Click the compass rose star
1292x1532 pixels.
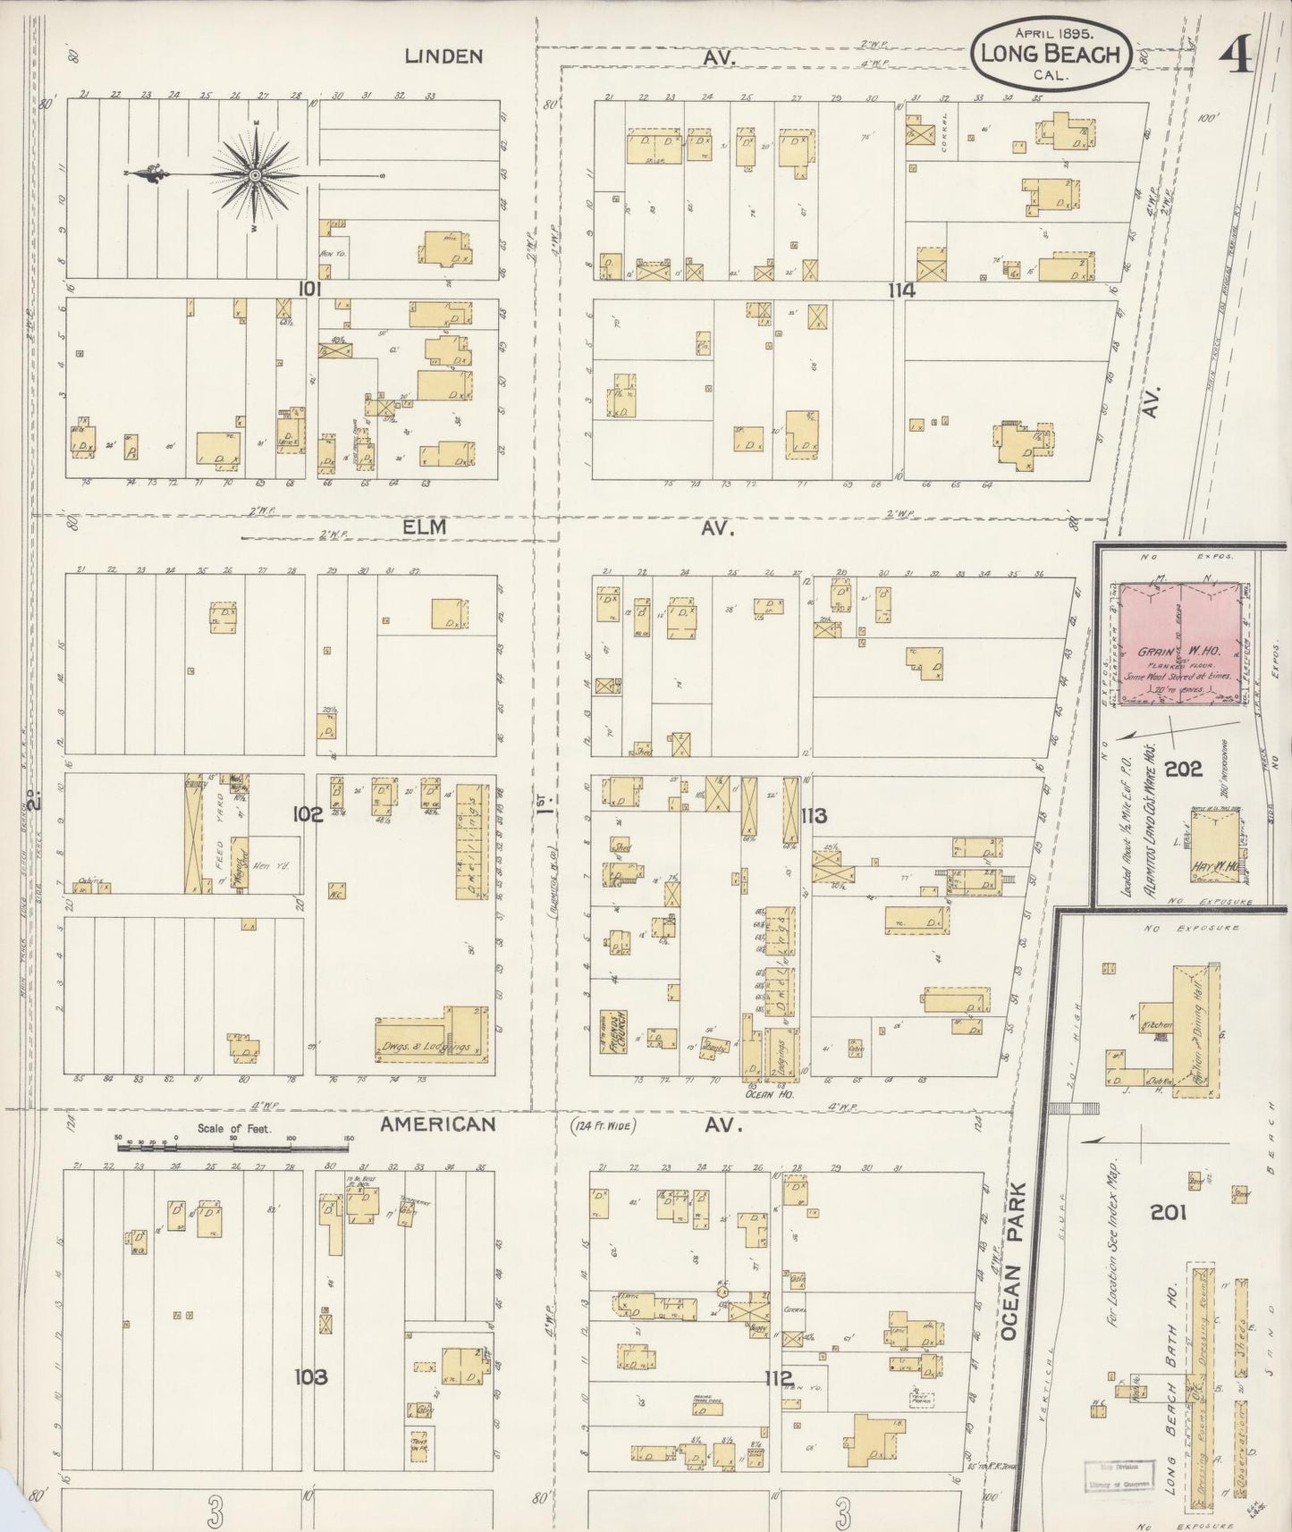coord(255,175)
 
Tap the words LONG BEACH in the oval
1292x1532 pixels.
coord(1050,54)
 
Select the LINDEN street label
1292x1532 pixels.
coord(443,56)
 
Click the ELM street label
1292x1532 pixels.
coord(425,528)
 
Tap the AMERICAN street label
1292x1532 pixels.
coord(437,1124)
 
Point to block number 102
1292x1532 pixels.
coord(307,814)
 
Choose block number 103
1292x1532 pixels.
coord(310,1377)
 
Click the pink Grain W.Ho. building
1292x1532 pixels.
coord(1180,648)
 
